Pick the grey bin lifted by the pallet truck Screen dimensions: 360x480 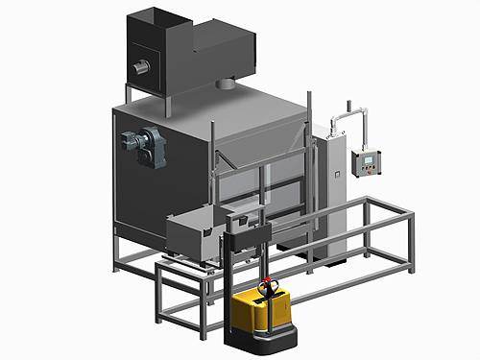[x=197, y=234]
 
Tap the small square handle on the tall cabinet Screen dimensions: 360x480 [x=336, y=174]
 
